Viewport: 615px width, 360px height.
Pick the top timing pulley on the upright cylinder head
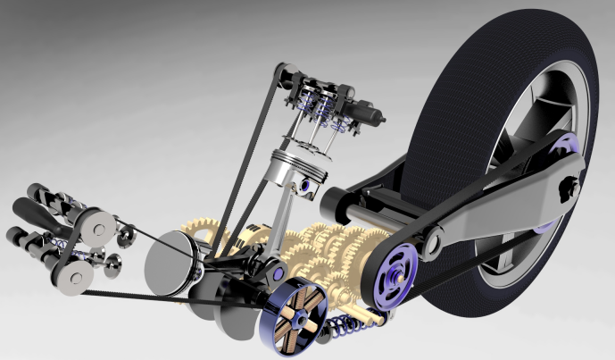pos(284,71)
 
